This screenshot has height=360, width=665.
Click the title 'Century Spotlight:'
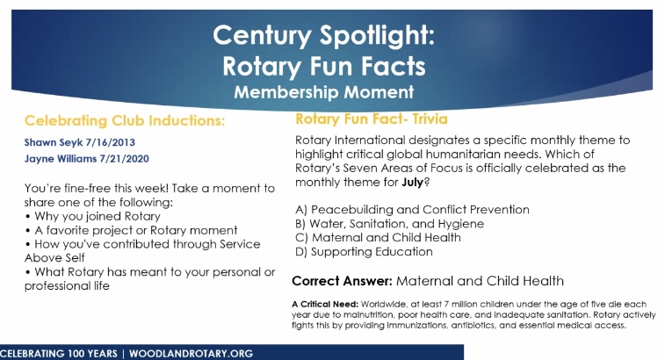click(323, 36)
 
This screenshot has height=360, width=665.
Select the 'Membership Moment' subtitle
click(324, 92)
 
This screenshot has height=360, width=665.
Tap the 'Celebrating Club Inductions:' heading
click(125, 121)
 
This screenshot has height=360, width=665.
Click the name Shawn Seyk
click(54, 142)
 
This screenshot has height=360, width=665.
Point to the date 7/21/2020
click(124, 159)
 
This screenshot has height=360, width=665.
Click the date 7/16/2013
click(111, 142)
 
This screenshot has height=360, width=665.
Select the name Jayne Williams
click(61, 159)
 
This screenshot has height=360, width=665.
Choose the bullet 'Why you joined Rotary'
click(93, 216)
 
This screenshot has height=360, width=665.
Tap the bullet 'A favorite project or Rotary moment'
click(131, 230)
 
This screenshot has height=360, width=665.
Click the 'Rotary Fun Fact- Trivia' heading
click(372, 119)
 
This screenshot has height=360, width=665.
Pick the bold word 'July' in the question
click(413, 183)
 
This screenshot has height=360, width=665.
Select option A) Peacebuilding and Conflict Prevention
click(412, 210)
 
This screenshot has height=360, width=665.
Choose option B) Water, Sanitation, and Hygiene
click(390, 224)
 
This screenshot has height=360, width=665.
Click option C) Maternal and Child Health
click(378, 237)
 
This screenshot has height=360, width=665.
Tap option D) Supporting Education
click(364, 252)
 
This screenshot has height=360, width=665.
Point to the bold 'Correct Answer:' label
click(343, 281)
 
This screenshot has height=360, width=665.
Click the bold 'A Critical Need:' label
click(325, 304)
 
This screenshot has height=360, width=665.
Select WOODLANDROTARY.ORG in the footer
click(191, 354)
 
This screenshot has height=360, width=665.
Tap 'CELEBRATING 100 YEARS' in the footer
click(59, 354)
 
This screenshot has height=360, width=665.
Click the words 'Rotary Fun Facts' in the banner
click(324, 67)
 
